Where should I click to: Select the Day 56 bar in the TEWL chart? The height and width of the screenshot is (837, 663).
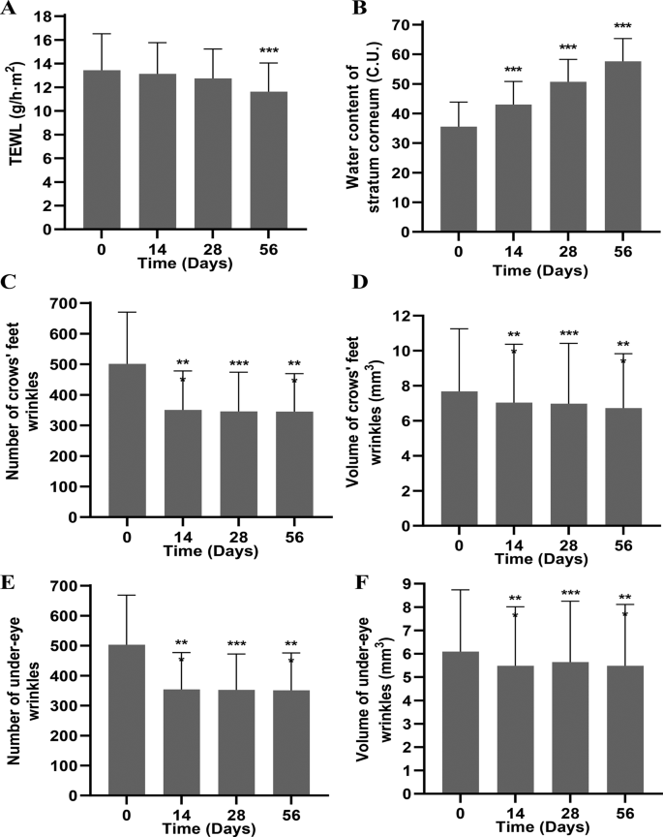pyautogui.click(x=269, y=160)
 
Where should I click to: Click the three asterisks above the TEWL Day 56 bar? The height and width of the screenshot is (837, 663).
pyautogui.click(x=269, y=50)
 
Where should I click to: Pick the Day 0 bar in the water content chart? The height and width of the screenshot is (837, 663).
pyautogui.click(x=459, y=179)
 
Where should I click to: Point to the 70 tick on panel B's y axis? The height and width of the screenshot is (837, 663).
pyautogui.click(x=400, y=25)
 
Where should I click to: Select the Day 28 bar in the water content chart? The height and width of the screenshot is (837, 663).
pyautogui.click(x=568, y=157)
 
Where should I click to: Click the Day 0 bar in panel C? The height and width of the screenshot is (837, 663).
pyautogui.click(x=127, y=441)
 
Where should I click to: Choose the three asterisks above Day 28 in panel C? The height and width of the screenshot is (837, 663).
pyautogui.click(x=238, y=364)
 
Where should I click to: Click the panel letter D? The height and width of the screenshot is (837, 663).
pyautogui.click(x=361, y=281)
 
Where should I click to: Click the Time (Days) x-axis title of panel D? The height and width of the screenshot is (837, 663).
pyautogui.click(x=541, y=559)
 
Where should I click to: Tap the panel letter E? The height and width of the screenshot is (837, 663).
pyautogui.click(x=8, y=582)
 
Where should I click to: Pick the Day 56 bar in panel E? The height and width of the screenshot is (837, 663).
pyautogui.click(x=291, y=742)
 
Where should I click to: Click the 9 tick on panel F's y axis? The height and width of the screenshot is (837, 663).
pyautogui.click(x=407, y=584)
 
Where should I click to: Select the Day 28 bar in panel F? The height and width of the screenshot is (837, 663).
pyautogui.click(x=570, y=728)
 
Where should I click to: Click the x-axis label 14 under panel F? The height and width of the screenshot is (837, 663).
pyautogui.click(x=516, y=814)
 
